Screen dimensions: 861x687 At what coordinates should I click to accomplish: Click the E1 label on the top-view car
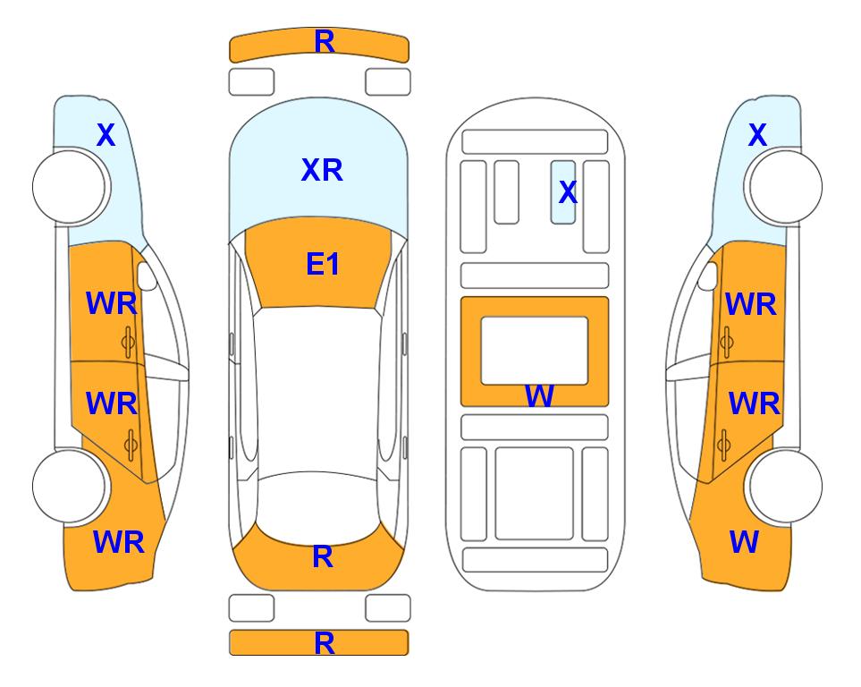[323, 264]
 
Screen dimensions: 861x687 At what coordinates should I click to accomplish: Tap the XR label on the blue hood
[322, 170]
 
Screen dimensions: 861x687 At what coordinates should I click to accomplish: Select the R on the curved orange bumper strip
[325, 42]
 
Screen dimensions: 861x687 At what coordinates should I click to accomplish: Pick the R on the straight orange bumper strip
[325, 643]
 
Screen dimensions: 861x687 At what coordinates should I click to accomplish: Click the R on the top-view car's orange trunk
[323, 556]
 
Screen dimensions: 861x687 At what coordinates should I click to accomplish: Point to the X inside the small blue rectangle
[568, 192]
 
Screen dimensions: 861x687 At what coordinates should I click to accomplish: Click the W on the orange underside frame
[539, 395]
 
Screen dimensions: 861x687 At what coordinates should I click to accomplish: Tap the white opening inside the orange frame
[535, 351]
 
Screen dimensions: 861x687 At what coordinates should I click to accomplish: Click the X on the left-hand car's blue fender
[106, 135]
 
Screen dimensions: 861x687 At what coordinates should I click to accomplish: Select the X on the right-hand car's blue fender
[757, 135]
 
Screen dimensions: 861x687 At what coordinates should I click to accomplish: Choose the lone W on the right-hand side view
[744, 542]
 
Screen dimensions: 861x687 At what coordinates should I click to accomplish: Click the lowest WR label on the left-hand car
[119, 542]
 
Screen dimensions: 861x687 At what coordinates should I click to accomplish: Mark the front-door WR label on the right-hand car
[751, 304]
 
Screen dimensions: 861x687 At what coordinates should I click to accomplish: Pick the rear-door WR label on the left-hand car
[112, 403]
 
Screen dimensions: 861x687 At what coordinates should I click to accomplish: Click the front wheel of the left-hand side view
[70, 187]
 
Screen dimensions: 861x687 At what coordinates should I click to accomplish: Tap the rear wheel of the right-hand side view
[785, 486]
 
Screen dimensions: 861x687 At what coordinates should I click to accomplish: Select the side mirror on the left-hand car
[147, 276]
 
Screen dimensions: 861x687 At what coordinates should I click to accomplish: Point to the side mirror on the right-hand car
[708, 276]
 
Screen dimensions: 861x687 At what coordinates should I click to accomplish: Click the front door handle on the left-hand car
[129, 342]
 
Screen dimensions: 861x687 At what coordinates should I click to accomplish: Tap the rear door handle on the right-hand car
[724, 445]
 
